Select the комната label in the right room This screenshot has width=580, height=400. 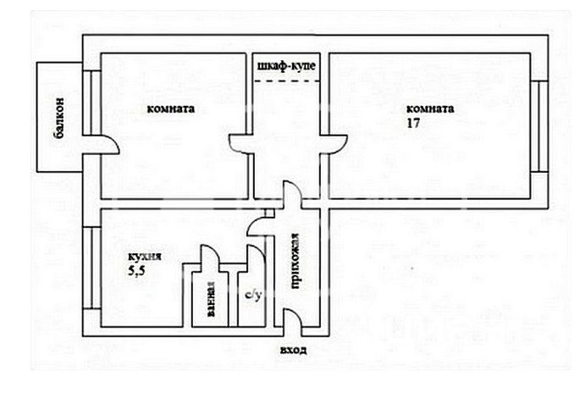430,108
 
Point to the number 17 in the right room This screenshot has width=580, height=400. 413,123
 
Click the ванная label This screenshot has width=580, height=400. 211,300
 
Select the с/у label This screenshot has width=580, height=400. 251,296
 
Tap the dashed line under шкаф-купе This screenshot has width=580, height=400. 287,81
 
